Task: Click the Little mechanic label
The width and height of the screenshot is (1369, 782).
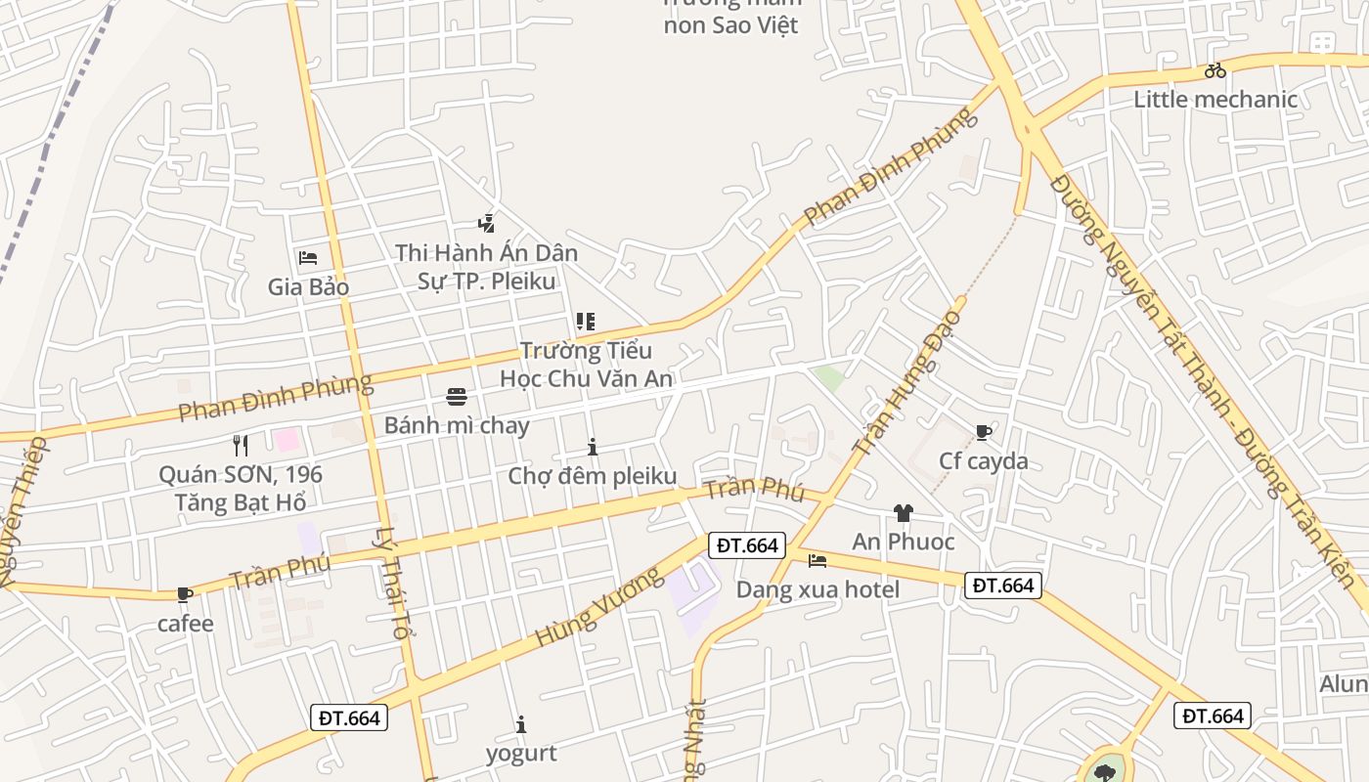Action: click(x=1215, y=99)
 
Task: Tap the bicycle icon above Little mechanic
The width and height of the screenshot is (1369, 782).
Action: click(x=1215, y=70)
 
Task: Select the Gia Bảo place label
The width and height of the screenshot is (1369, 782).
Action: click(x=308, y=287)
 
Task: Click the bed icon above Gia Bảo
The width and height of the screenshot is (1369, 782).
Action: click(x=308, y=258)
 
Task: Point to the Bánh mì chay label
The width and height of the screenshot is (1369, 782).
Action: click(x=456, y=425)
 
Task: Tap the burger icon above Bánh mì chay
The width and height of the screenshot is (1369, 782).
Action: click(x=456, y=396)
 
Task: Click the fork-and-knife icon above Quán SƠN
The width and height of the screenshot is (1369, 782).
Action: click(x=241, y=446)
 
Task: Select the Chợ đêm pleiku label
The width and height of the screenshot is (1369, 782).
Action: click(x=593, y=476)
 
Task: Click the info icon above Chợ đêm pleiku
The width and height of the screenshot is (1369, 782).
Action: click(x=593, y=448)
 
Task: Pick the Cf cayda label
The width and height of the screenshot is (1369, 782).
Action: click(x=984, y=460)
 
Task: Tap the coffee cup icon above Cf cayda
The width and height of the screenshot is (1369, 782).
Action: click(x=984, y=432)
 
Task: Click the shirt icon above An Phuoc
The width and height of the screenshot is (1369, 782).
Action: click(x=903, y=513)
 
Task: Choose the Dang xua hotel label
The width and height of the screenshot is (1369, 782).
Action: click(x=817, y=589)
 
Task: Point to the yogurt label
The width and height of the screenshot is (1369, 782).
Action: click(x=521, y=753)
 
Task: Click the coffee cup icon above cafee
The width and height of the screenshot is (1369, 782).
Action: click(x=184, y=594)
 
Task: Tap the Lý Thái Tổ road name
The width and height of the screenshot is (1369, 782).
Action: click(x=390, y=583)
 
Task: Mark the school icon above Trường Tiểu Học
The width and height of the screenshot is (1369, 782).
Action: click(x=586, y=321)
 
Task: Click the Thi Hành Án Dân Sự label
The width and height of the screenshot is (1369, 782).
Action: click(x=486, y=267)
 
